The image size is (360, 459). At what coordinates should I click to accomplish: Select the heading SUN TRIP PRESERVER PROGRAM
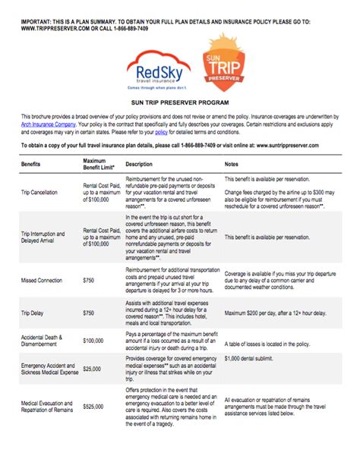click(x=179, y=100)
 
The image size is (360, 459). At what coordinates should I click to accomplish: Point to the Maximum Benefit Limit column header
click(x=99, y=164)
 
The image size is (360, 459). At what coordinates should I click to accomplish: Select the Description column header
click(x=139, y=164)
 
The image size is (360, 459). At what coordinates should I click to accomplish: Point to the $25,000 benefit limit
click(x=94, y=369)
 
